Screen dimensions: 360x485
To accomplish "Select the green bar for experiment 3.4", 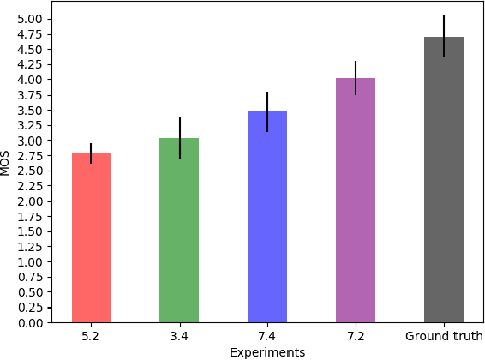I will point(179,231).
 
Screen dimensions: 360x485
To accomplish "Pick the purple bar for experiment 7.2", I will point(356,201).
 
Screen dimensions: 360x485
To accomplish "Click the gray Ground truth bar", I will point(444,180).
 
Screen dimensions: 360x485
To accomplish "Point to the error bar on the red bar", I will point(91,153).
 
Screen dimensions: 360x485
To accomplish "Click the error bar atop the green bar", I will point(179,137).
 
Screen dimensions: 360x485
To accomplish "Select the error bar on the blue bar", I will point(267,111).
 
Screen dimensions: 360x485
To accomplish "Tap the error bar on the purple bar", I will point(356,77).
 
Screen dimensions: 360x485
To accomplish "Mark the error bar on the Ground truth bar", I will point(444,36).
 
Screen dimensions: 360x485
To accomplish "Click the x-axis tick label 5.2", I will point(91,337).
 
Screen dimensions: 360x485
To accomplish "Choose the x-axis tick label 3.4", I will point(179,337).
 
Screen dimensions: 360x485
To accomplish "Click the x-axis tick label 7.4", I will point(267,337).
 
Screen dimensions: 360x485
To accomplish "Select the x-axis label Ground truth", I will point(444,337).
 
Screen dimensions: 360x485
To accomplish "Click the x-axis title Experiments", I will point(267,352).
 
